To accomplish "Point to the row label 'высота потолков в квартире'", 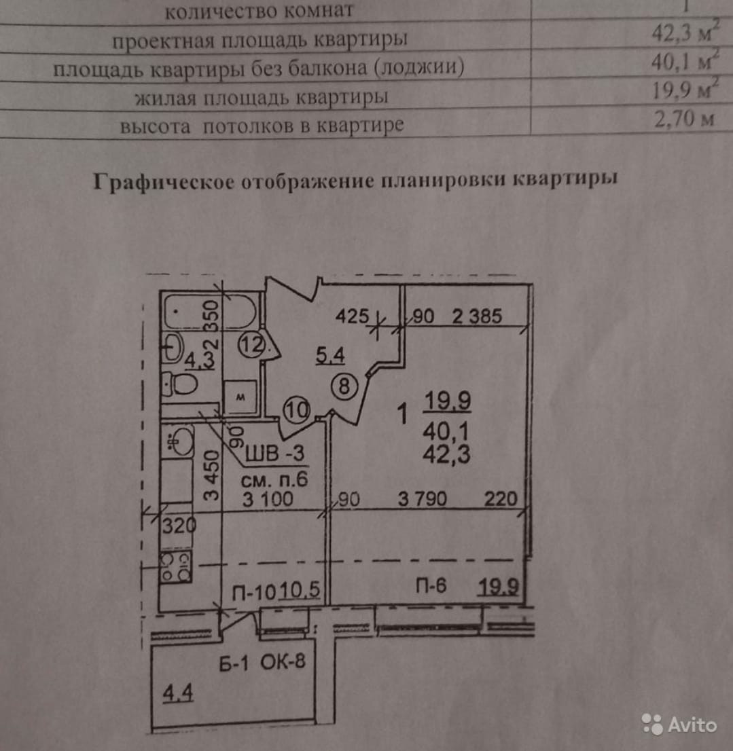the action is (x=262, y=126).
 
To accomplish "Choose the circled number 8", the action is (x=344, y=387).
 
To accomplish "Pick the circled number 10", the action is (x=298, y=409).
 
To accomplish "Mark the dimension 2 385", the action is (x=477, y=316).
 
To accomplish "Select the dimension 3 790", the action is (x=422, y=500).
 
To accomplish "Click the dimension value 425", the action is (x=352, y=316).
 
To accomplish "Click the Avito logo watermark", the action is (x=679, y=725).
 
